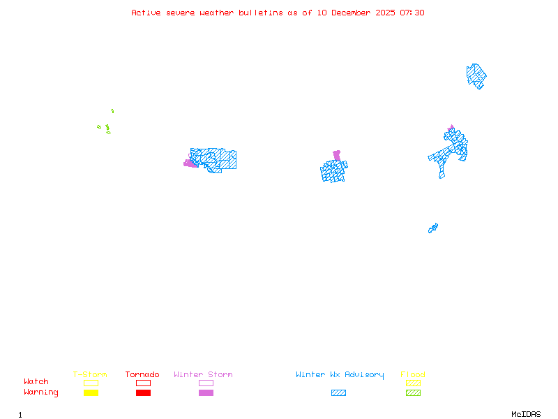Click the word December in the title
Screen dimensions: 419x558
(350, 13)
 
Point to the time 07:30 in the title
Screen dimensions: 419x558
(412, 13)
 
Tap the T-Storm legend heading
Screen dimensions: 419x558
(90, 375)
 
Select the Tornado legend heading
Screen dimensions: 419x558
(142, 375)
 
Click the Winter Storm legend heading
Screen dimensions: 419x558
(203, 375)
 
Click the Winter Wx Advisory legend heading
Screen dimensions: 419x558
(340, 375)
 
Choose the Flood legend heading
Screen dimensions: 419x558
(413, 375)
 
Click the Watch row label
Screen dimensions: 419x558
(36, 382)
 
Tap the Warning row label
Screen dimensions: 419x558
(41, 392)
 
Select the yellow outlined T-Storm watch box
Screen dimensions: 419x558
(91, 383)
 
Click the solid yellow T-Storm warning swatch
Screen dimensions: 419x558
(91, 393)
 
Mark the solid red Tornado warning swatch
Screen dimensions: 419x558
(143, 393)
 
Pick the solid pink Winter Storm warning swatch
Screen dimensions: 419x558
(206, 393)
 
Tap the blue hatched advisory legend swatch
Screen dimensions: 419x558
(338, 393)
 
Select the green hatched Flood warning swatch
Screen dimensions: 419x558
(413, 393)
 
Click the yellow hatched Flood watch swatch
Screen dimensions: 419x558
(413, 383)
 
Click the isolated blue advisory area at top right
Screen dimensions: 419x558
(476, 75)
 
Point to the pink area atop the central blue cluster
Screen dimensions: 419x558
(337, 155)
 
